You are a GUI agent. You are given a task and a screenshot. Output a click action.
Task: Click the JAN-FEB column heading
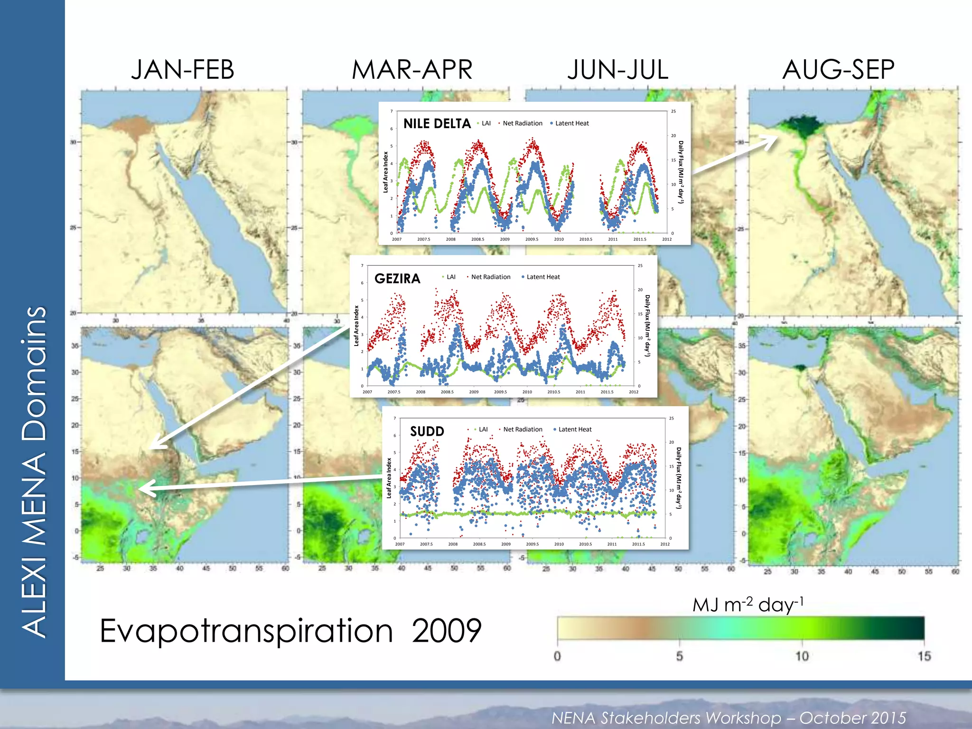pyautogui.click(x=183, y=70)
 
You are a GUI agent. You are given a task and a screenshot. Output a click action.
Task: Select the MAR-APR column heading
pyautogui.click(x=412, y=70)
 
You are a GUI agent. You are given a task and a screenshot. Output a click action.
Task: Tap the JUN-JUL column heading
pyautogui.click(x=618, y=70)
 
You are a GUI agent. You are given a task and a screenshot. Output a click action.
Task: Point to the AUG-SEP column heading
pyautogui.click(x=838, y=70)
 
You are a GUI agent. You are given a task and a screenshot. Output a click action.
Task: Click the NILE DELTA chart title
pyautogui.click(x=437, y=124)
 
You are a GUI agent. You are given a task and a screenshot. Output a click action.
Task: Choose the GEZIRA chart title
pyautogui.click(x=397, y=279)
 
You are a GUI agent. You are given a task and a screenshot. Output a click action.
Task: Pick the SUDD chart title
pyautogui.click(x=427, y=431)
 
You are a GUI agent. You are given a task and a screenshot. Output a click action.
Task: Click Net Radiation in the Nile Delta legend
pyautogui.click(x=522, y=123)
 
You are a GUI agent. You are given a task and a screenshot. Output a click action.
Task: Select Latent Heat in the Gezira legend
pyautogui.click(x=543, y=277)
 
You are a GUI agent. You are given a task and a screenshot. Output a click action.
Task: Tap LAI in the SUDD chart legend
pyautogui.click(x=483, y=430)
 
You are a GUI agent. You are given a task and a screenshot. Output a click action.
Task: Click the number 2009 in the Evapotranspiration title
pyautogui.click(x=446, y=631)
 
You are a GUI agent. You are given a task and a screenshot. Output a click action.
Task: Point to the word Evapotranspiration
pyautogui.click(x=246, y=631)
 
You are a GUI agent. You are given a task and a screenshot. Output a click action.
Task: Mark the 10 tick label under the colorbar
pyautogui.click(x=802, y=656)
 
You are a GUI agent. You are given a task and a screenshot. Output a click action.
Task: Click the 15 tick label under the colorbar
pyautogui.click(x=924, y=656)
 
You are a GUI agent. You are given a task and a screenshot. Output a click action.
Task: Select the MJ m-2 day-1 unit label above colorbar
pyautogui.click(x=748, y=605)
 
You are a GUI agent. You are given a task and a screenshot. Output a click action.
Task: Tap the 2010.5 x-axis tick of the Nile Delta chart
pyautogui.click(x=586, y=239)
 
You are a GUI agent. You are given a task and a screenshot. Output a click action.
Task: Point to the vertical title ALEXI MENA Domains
pyautogui.click(x=34, y=472)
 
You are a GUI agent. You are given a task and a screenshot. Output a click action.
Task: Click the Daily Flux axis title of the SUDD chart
pyautogui.click(x=679, y=477)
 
